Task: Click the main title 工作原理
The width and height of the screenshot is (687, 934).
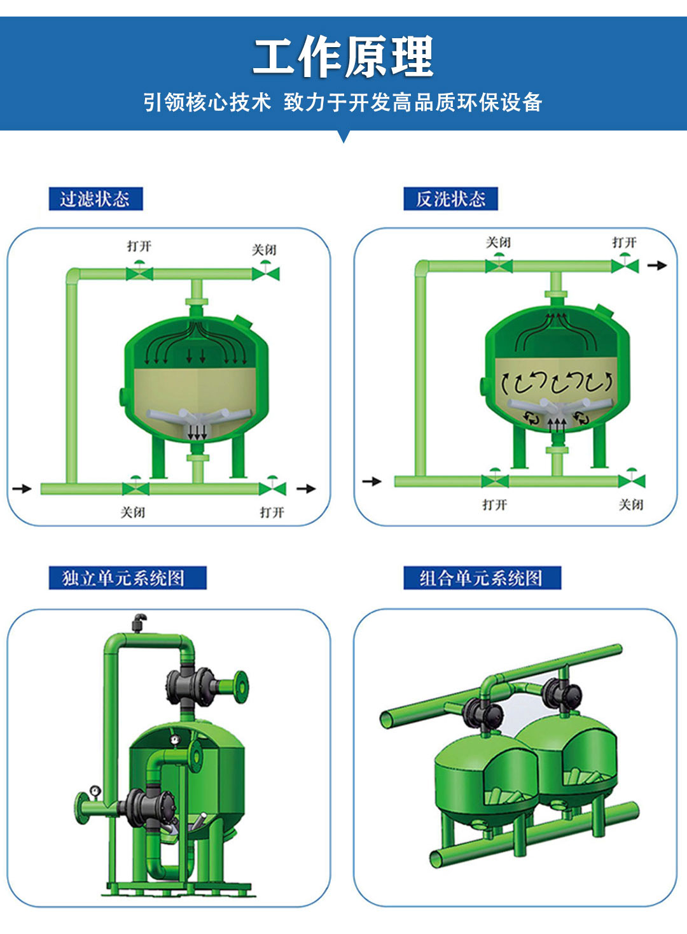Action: tap(343, 56)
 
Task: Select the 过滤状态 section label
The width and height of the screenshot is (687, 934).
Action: tap(95, 199)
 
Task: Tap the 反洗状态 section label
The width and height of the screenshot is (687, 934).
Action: tap(450, 199)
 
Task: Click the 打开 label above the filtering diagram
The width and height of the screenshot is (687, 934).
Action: tap(139, 246)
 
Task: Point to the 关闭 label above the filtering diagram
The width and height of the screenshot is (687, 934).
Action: tap(264, 250)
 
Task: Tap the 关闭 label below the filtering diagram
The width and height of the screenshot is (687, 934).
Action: tap(133, 512)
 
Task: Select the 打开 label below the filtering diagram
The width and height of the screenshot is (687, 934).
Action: tap(272, 512)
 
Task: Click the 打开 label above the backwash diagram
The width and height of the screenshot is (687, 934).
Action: tap(624, 243)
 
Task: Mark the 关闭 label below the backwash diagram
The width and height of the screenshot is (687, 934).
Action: tap(631, 505)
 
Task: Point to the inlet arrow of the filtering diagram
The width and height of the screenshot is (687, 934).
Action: tap(22, 488)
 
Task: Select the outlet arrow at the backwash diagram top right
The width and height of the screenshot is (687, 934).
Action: tap(657, 265)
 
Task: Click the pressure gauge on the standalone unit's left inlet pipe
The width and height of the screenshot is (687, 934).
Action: tap(95, 790)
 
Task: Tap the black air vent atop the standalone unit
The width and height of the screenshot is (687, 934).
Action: tap(139, 623)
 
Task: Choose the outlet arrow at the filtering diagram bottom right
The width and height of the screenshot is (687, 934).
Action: tap(306, 488)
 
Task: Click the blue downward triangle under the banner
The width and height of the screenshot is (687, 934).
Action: tap(343, 136)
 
